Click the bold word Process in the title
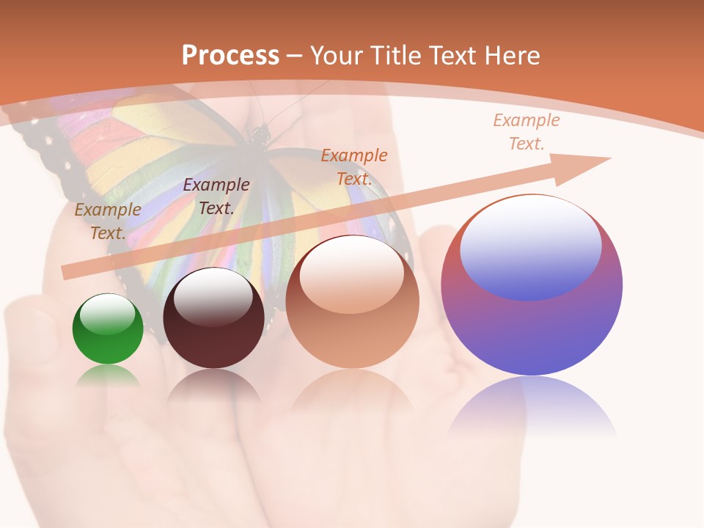point(230,55)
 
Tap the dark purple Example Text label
point(216,197)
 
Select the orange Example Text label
point(354,166)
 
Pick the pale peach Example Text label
point(526,132)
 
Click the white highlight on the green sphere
point(107,313)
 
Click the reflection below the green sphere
point(108,375)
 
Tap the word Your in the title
point(335,55)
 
